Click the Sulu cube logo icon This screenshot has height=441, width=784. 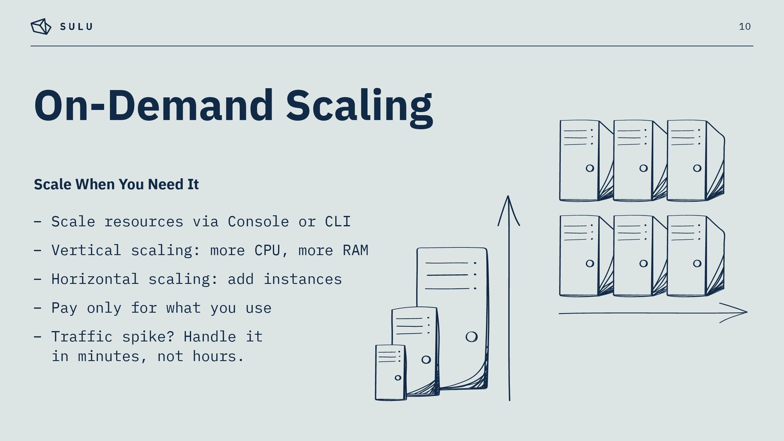click(x=41, y=27)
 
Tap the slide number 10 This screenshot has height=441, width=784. click(x=744, y=27)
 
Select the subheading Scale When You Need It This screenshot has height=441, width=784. click(x=116, y=184)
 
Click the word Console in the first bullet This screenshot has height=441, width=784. click(x=258, y=222)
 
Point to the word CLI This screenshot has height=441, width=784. click(x=338, y=222)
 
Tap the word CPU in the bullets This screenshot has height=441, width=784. click(x=267, y=250)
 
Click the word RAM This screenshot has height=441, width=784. click(x=355, y=250)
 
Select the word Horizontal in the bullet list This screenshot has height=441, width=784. click(x=95, y=279)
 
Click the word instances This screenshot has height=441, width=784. click(x=302, y=279)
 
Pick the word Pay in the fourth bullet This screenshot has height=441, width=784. click(x=64, y=308)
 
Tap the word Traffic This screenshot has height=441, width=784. click(x=82, y=337)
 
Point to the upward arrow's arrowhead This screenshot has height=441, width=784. click(x=508, y=204)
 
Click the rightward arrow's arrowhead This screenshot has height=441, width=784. click(x=741, y=312)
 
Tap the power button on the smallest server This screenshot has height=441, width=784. click(x=398, y=378)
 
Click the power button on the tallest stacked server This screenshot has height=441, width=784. click(x=471, y=337)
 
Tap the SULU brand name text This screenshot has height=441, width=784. click(x=76, y=27)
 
